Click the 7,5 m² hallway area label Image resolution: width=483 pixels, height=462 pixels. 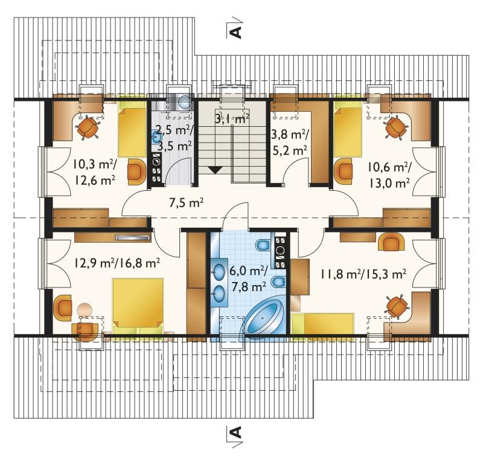(186, 203)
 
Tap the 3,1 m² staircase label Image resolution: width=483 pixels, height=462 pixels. (231, 118)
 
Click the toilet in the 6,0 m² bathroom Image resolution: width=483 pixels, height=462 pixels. (263, 245)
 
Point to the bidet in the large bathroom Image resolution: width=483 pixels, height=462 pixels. (279, 281)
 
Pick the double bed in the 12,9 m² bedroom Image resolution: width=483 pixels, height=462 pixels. (138, 303)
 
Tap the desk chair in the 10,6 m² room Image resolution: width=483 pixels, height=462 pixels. (396, 127)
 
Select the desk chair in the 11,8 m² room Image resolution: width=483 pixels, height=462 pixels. (397, 306)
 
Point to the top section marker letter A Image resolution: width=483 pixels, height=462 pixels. (235, 31)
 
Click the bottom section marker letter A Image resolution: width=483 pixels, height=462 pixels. (235, 432)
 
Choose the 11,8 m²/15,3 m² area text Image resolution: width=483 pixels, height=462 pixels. (363, 274)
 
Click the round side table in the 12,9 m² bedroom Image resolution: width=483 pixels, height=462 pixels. (85, 309)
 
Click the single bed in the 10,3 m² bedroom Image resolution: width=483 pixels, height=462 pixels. (132, 128)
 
